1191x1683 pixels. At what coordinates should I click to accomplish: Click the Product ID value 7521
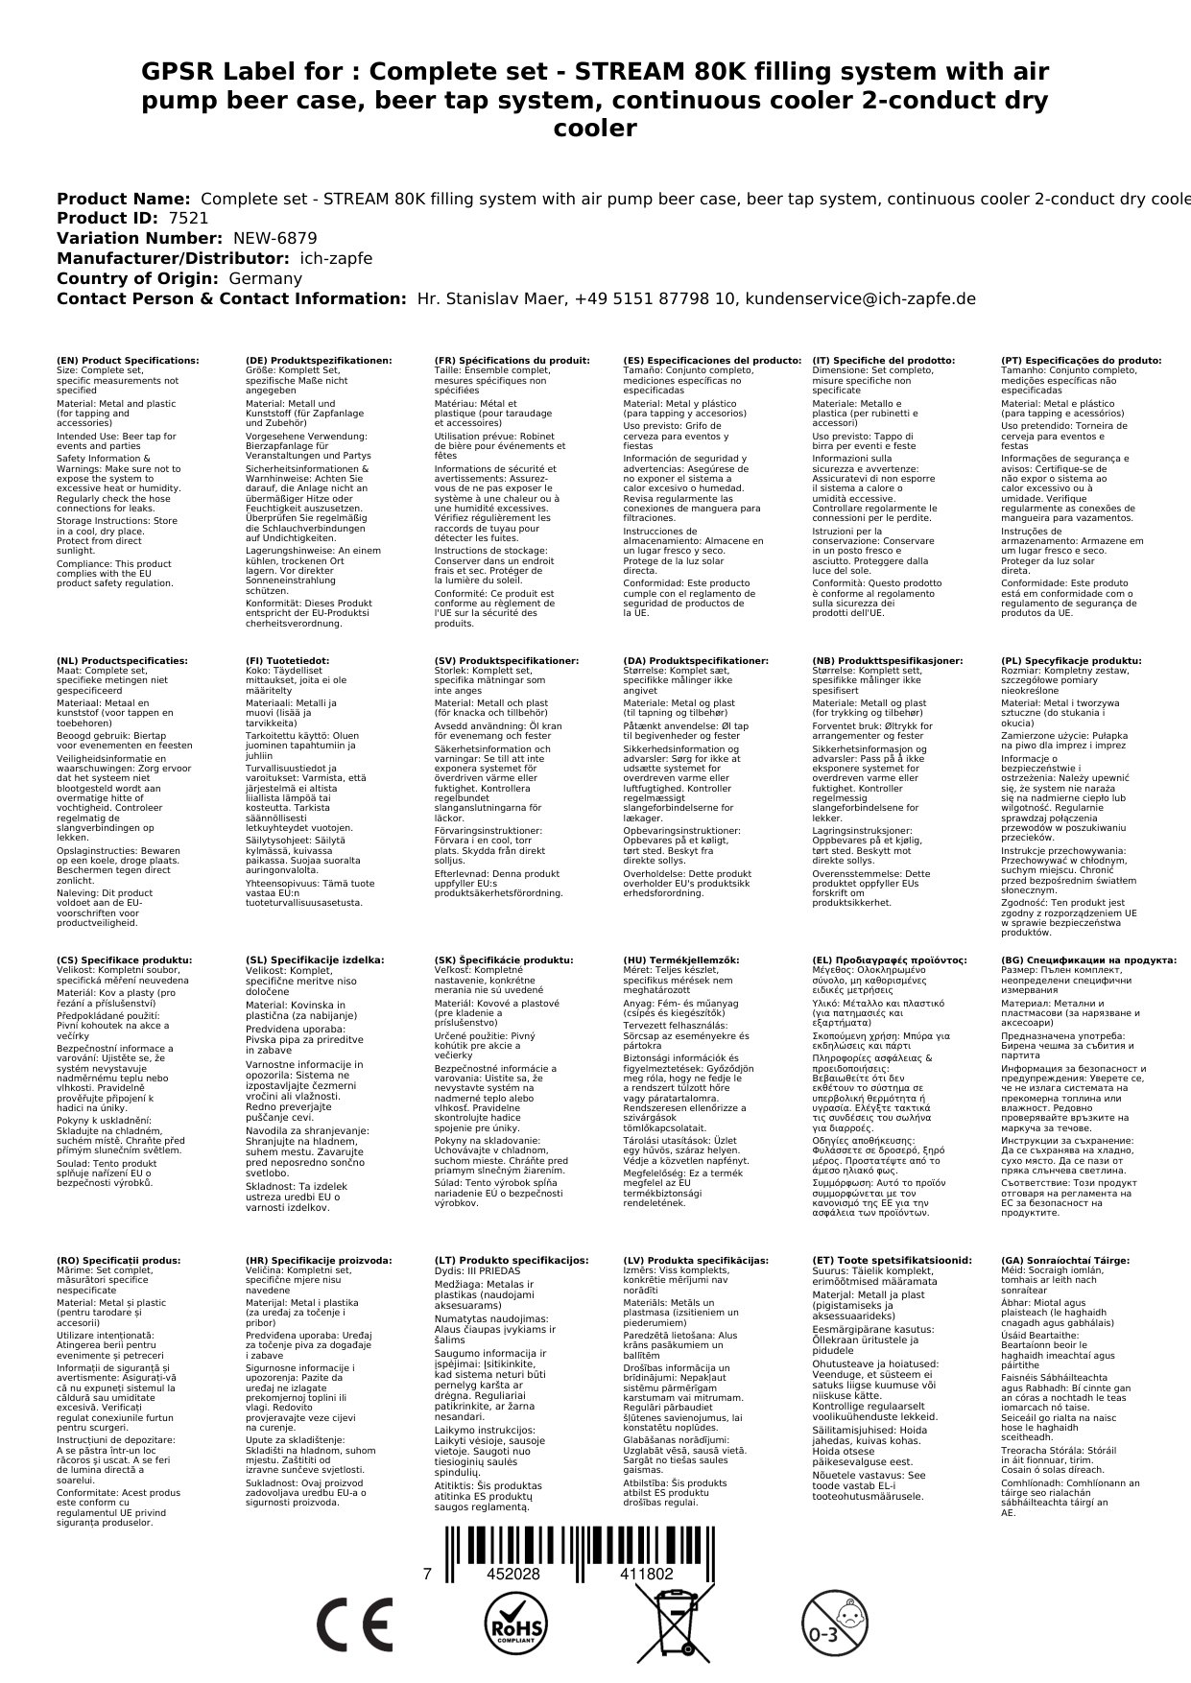(188, 219)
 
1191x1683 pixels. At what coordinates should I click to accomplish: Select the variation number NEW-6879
(274, 239)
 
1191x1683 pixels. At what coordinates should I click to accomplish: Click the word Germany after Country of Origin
(265, 279)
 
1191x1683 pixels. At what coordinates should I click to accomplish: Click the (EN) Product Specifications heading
(128, 361)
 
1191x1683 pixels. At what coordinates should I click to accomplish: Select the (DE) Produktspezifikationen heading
(319, 361)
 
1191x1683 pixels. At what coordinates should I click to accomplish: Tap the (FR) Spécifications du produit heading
(512, 361)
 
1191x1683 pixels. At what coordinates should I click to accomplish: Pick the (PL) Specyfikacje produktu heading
(1071, 661)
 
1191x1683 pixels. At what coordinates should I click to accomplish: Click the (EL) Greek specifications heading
(890, 960)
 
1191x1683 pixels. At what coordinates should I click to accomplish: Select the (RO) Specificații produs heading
(118, 1260)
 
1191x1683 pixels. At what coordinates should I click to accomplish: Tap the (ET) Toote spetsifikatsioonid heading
(892, 1260)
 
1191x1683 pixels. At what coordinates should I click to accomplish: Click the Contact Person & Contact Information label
(231, 299)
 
